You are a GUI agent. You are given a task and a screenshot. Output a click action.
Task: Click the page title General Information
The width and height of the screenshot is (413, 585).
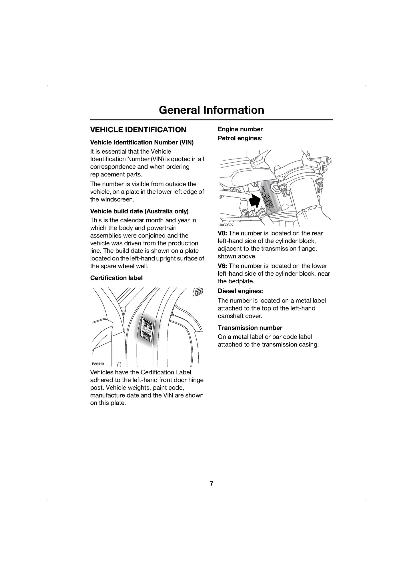[x=212, y=110]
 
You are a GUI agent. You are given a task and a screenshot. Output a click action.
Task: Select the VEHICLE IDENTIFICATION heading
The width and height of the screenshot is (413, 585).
[x=138, y=130]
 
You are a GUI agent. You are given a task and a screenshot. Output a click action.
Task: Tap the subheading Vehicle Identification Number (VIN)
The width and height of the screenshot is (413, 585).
[x=142, y=142]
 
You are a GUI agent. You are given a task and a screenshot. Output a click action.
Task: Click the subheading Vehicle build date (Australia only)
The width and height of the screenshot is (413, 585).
[x=139, y=211]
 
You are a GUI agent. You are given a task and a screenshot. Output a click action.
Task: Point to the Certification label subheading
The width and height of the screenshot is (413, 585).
[x=116, y=278]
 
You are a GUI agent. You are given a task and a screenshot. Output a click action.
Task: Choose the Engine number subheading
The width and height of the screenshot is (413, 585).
[x=240, y=129]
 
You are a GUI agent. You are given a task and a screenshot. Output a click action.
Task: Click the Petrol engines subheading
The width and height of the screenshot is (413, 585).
[x=240, y=138]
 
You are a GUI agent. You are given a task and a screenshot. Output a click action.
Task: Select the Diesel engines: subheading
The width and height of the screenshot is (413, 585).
[x=240, y=291]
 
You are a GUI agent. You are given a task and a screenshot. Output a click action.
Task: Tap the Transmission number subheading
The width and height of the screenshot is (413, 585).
[x=250, y=328]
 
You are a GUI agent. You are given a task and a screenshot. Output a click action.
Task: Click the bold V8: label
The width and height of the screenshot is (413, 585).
[x=222, y=233]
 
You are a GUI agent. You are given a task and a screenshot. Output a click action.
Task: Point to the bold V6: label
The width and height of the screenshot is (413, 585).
[x=222, y=266]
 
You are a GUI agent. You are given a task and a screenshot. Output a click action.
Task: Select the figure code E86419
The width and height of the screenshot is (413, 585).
[x=98, y=364]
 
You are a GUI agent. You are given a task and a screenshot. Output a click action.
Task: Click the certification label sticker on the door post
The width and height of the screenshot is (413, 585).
[x=147, y=330]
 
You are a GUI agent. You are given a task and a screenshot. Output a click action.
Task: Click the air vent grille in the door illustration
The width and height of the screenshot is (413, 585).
[x=198, y=292]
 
